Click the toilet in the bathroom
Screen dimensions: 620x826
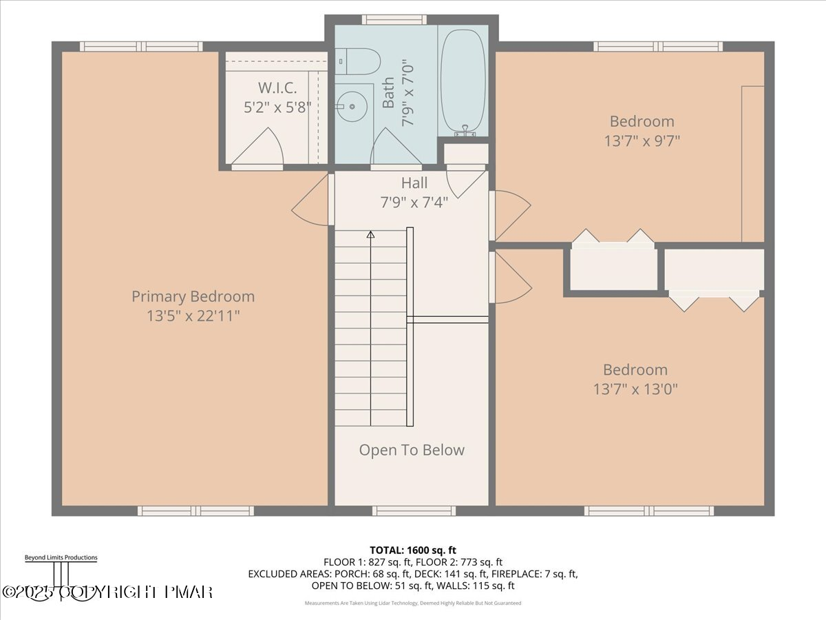click(359, 61)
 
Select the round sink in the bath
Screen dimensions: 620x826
click(352, 106)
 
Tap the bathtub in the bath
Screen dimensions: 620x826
click(463, 81)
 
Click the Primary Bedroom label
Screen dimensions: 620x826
click(193, 297)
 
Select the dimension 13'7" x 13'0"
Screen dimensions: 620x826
click(635, 389)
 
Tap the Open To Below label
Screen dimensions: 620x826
click(412, 450)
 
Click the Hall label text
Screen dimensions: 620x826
click(414, 183)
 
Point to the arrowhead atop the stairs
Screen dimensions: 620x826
click(370, 235)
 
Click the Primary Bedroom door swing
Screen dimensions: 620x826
click(312, 200)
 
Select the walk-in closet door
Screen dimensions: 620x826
click(256, 149)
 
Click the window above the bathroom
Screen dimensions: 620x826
click(394, 19)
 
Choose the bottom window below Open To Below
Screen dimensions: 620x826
click(414, 510)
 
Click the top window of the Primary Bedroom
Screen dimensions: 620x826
click(141, 46)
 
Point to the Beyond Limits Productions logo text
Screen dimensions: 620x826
click(61, 557)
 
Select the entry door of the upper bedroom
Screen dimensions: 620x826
click(510, 214)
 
